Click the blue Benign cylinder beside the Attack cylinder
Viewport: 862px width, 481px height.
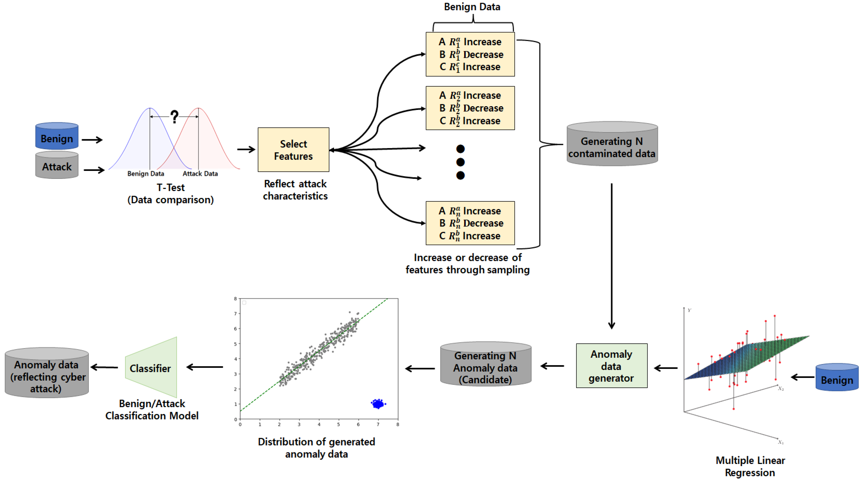click(57, 136)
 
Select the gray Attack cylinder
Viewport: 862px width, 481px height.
click(57, 165)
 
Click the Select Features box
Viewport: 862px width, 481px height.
click(293, 150)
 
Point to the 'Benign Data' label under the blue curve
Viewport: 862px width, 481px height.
click(145, 174)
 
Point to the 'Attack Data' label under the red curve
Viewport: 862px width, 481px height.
click(200, 174)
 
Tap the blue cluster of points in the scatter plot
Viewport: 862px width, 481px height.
click(378, 404)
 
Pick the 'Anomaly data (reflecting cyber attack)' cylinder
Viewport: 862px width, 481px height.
click(47, 373)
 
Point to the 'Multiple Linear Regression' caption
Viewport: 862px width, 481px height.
click(750, 466)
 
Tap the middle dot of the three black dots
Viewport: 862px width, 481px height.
click(460, 162)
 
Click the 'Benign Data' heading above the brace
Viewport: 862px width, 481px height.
click(472, 7)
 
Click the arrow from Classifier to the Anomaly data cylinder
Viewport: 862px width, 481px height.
click(104, 367)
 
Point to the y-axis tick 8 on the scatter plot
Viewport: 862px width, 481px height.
click(235, 299)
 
